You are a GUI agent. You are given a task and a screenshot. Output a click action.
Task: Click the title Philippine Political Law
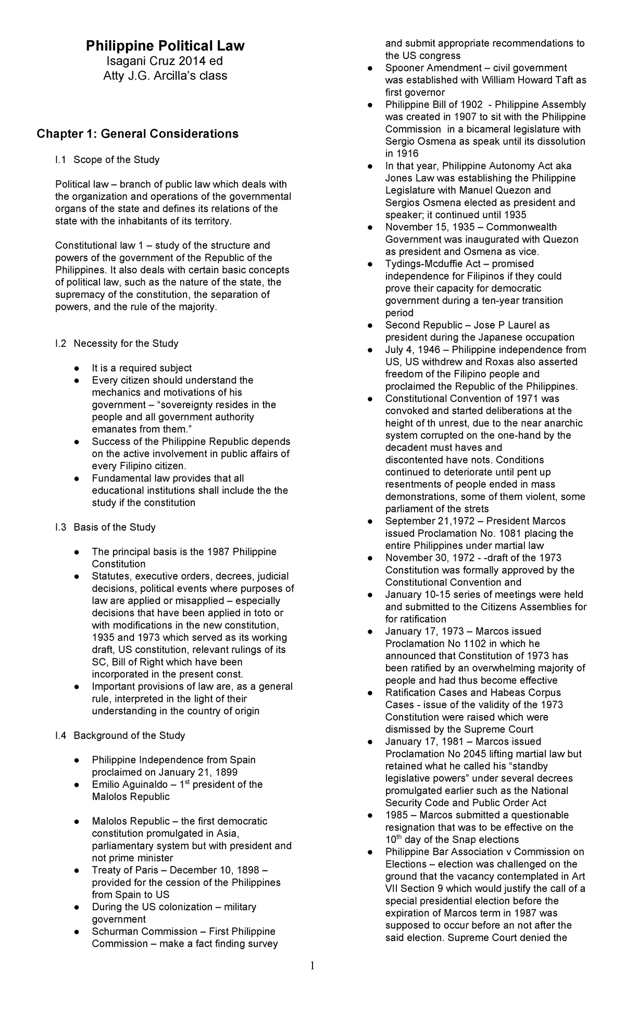pos(165,46)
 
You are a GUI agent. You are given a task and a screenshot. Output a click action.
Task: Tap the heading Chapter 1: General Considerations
pos(137,134)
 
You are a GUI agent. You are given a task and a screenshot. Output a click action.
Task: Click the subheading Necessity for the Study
pos(126,344)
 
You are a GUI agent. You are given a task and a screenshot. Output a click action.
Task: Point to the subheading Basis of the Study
pos(114,528)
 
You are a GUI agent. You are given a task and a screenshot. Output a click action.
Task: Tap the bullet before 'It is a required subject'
pos(77,368)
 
